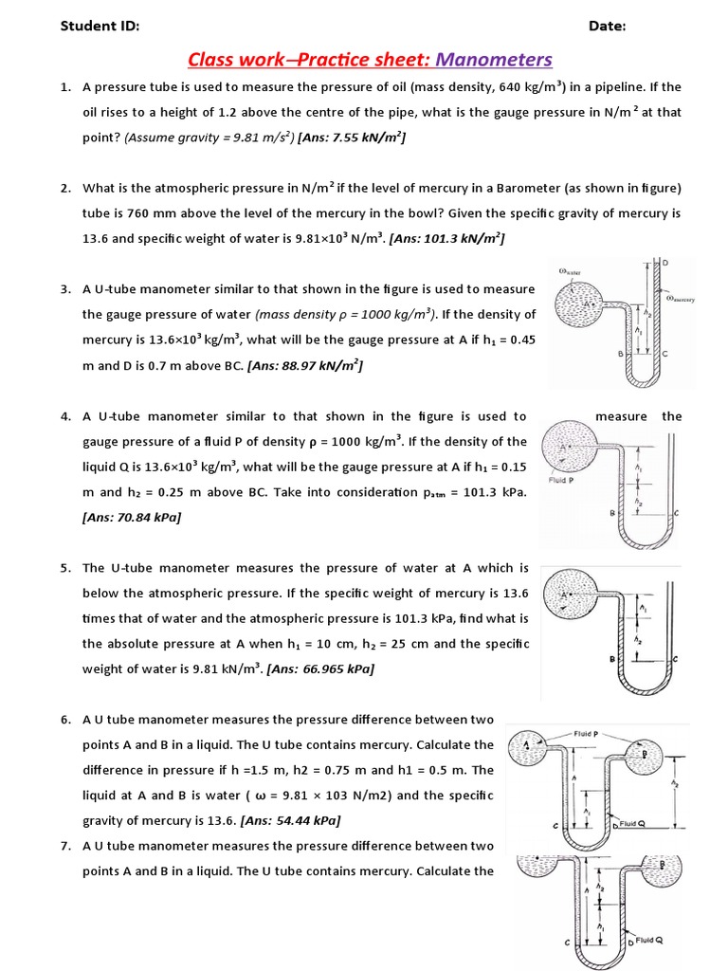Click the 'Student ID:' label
[x=100, y=27]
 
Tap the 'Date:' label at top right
[x=607, y=27]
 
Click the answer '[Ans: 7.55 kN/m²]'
[x=352, y=137]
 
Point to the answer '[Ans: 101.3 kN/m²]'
[x=447, y=239]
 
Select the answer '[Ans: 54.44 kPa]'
[x=291, y=820]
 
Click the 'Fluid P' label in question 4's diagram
[x=560, y=480]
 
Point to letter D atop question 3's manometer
[x=664, y=262]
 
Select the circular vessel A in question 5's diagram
[x=567, y=595]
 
